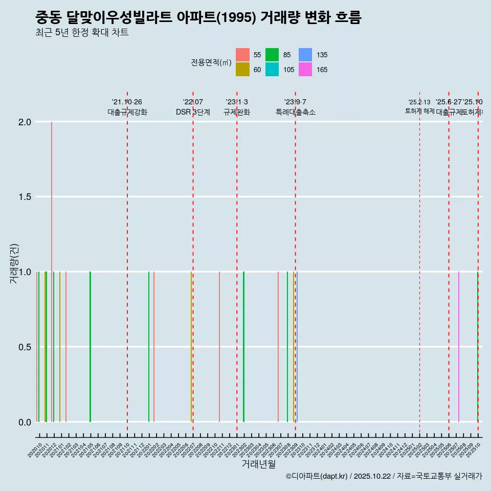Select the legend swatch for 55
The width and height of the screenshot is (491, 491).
(x=243, y=55)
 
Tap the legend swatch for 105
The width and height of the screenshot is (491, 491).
(x=272, y=70)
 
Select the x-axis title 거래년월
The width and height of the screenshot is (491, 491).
(x=258, y=464)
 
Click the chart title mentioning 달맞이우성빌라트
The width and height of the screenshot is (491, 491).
(x=198, y=18)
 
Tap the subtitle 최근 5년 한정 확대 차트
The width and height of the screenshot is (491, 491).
(x=82, y=33)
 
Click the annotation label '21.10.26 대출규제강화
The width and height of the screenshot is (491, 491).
(x=127, y=107)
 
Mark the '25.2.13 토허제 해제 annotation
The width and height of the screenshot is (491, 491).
(x=419, y=106)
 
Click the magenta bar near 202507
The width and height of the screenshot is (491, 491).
(x=459, y=348)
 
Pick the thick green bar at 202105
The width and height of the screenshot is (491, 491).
(x=90, y=348)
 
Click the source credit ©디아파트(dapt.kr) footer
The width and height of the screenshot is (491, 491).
(x=384, y=476)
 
